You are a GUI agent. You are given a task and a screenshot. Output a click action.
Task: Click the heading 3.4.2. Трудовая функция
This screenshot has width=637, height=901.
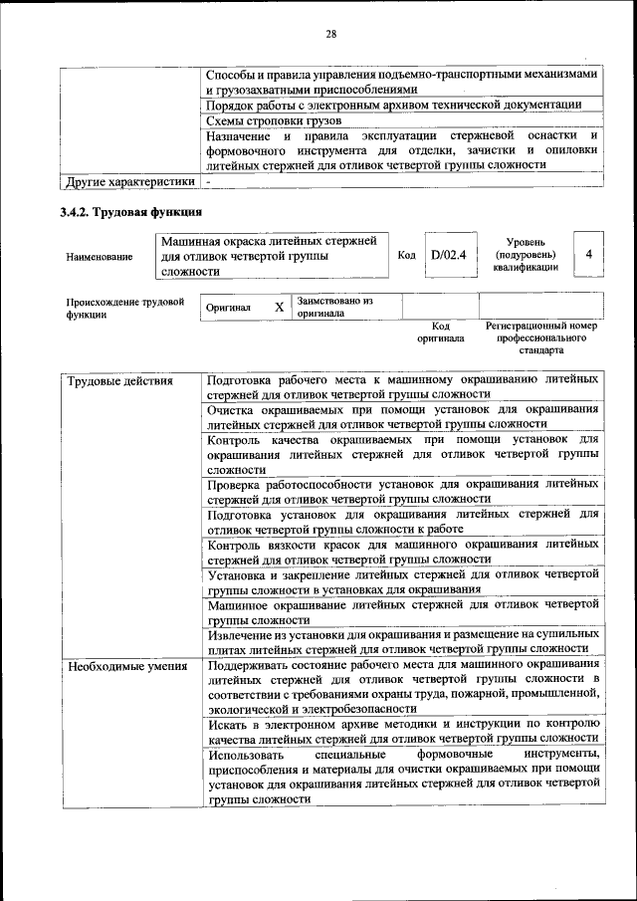131,212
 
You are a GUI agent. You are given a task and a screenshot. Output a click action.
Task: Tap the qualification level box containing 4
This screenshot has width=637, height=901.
589,255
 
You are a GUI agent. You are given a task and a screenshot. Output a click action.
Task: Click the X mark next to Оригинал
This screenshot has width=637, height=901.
280,307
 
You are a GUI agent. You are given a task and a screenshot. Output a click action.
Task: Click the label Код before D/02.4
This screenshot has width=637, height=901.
406,256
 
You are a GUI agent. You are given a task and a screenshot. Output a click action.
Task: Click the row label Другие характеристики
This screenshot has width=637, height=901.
126,183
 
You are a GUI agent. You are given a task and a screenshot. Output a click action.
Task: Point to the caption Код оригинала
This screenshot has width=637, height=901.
440,332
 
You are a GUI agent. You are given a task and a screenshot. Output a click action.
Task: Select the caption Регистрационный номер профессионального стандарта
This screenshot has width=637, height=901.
540,338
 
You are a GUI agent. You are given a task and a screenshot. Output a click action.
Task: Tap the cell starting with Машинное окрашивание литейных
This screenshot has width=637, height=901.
402,611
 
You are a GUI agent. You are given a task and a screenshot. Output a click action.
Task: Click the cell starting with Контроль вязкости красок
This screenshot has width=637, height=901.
402,553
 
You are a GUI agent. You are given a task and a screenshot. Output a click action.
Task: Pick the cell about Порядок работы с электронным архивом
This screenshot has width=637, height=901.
393,105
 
